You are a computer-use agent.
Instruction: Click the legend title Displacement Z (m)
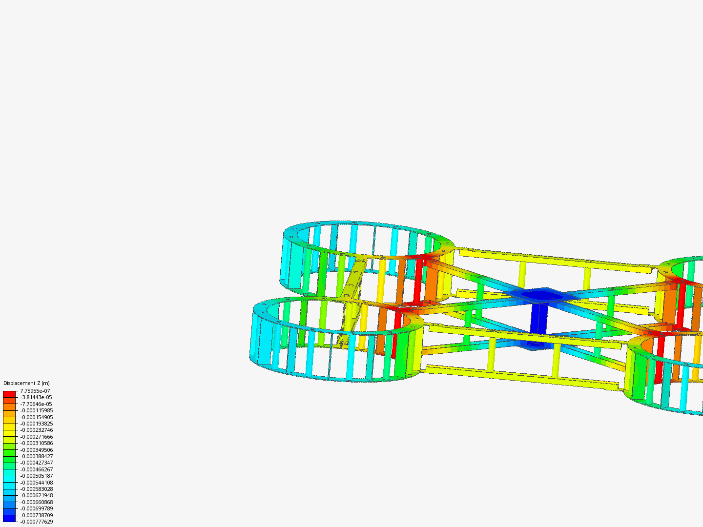tap(26, 383)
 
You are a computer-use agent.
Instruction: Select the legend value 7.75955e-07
tap(35, 391)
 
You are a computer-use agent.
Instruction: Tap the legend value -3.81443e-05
tap(36, 397)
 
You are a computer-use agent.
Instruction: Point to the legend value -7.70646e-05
tap(36, 404)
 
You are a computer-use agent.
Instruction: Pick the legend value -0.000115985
tap(37, 410)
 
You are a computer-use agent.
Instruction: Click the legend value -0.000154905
tap(37, 417)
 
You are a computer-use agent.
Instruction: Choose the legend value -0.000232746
tap(37, 430)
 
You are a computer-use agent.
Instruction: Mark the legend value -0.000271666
tap(37, 437)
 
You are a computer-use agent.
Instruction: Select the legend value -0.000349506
tap(37, 450)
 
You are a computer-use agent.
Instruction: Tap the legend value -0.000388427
tap(37, 456)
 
